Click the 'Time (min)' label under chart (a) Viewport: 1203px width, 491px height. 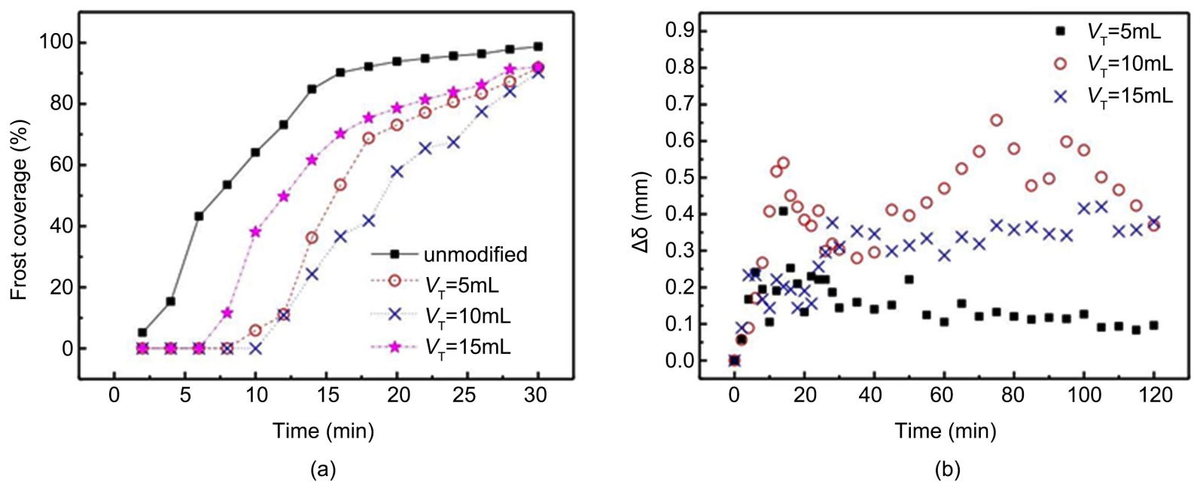323,431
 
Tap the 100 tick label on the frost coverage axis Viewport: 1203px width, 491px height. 56,41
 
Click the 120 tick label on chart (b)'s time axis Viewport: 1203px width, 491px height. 1154,395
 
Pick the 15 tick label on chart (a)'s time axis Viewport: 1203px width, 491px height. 327,395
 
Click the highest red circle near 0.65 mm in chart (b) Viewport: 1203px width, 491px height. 997,120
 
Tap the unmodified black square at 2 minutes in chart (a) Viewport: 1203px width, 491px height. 142,332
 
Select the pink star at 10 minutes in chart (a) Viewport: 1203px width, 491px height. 255,232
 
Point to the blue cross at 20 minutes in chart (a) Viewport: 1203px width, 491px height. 397,172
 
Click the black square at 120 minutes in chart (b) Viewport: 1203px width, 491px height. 1153,325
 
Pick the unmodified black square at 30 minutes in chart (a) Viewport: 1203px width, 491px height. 538,47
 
